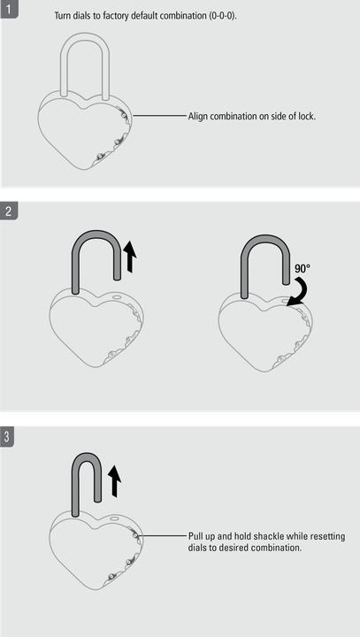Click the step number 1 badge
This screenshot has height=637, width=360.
[x=9, y=8]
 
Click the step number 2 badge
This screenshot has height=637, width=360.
[x=9, y=211]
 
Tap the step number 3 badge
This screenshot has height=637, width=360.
[x=8, y=437]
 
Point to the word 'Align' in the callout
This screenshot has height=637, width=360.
[x=197, y=116]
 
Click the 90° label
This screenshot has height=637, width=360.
[x=303, y=269]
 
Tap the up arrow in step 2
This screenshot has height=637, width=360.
[x=130, y=256]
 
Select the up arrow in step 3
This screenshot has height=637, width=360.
[x=115, y=481]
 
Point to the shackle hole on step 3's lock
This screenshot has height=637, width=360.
[x=115, y=519]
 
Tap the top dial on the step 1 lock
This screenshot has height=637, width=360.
[x=124, y=115]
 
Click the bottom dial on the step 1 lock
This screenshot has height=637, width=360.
[x=99, y=157]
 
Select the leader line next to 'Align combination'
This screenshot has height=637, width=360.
[x=159, y=116]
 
